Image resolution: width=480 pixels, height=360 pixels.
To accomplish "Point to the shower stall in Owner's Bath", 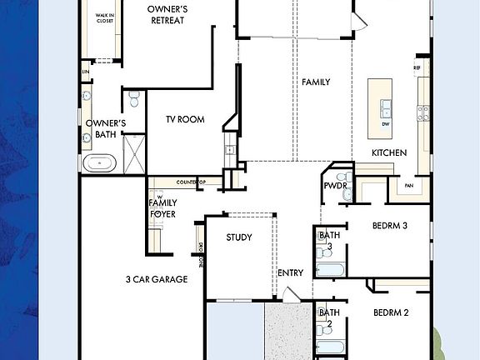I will pos(133,153).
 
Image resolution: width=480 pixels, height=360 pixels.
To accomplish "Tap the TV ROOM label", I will pos(186,120).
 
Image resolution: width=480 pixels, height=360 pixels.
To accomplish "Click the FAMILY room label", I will pos(316,82).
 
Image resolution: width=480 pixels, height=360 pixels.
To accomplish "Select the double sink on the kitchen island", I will pos(386,107).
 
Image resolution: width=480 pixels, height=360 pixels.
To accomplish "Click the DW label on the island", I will pos(386,124).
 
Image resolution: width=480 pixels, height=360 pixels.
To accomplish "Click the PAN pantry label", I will pos(409,186).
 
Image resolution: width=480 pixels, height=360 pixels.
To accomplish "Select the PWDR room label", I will pos(335,197).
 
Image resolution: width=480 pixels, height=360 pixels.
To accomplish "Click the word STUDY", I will pos(239,237).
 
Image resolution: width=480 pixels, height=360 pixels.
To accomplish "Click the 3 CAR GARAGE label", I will pos(157,279).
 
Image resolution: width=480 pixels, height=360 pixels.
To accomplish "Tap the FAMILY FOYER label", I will pos(162,207).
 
